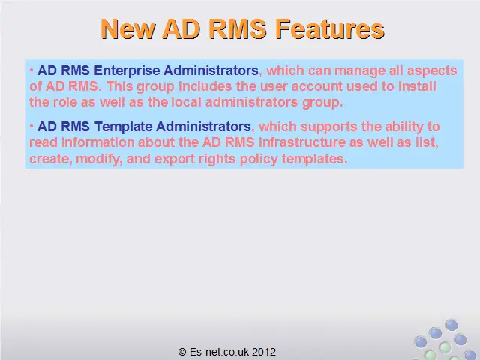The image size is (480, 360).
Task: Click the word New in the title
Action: pos(128,28)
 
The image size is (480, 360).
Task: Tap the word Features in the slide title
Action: pos(330,28)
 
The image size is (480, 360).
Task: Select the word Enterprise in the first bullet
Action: pos(127,70)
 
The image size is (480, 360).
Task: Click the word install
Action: pos(417,86)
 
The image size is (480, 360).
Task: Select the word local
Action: pos(186,102)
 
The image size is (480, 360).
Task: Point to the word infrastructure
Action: pos(301,142)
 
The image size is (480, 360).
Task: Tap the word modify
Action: pos(99,159)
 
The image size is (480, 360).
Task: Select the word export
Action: pos(175,160)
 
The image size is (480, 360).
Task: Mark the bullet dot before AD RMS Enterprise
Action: pos(31,70)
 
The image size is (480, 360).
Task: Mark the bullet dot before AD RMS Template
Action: pos(31,127)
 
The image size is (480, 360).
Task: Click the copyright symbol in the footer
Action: pos(182,352)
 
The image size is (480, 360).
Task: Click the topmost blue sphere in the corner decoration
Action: pos(451,325)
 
